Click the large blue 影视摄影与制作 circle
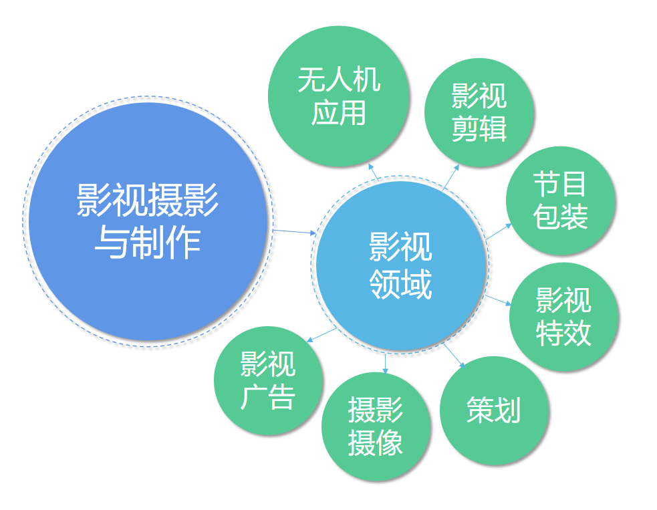pyautogui.click(x=148, y=222)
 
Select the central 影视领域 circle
pyautogui.click(x=401, y=265)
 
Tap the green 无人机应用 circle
pyautogui.click(x=339, y=96)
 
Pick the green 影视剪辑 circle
pyautogui.click(x=479, y=112)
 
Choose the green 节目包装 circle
pyautogui.click(x=561, y=201)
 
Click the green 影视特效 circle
pyautogui.click(x=564, y=317)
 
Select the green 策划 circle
pyautogui.click(x=495, y=410)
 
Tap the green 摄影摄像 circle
pyautogui.click(x=376, y=426)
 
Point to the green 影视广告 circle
pyautogui.click(x=268, y=380)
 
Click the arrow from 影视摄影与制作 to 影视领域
pyautogui.click(x=295, y=232)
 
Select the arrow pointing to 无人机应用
pyautogui.click(x=374, y=172)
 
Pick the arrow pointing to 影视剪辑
pyautogui.click(x=451, y=177)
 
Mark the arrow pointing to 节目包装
pyautogui.click(x=499, y=232)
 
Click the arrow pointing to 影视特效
pyautogui.click(x=498, y=300)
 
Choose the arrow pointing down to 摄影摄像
pyautogui.click(x=386, y=363)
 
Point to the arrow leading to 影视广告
pyautogui.click(x=321, y=336)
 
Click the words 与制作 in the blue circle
pyautogui.click(x=148, y=243)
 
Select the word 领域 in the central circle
pyautogui.click(x=400, y=283)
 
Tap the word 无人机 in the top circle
pyautogui.click(x=339, y=79)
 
